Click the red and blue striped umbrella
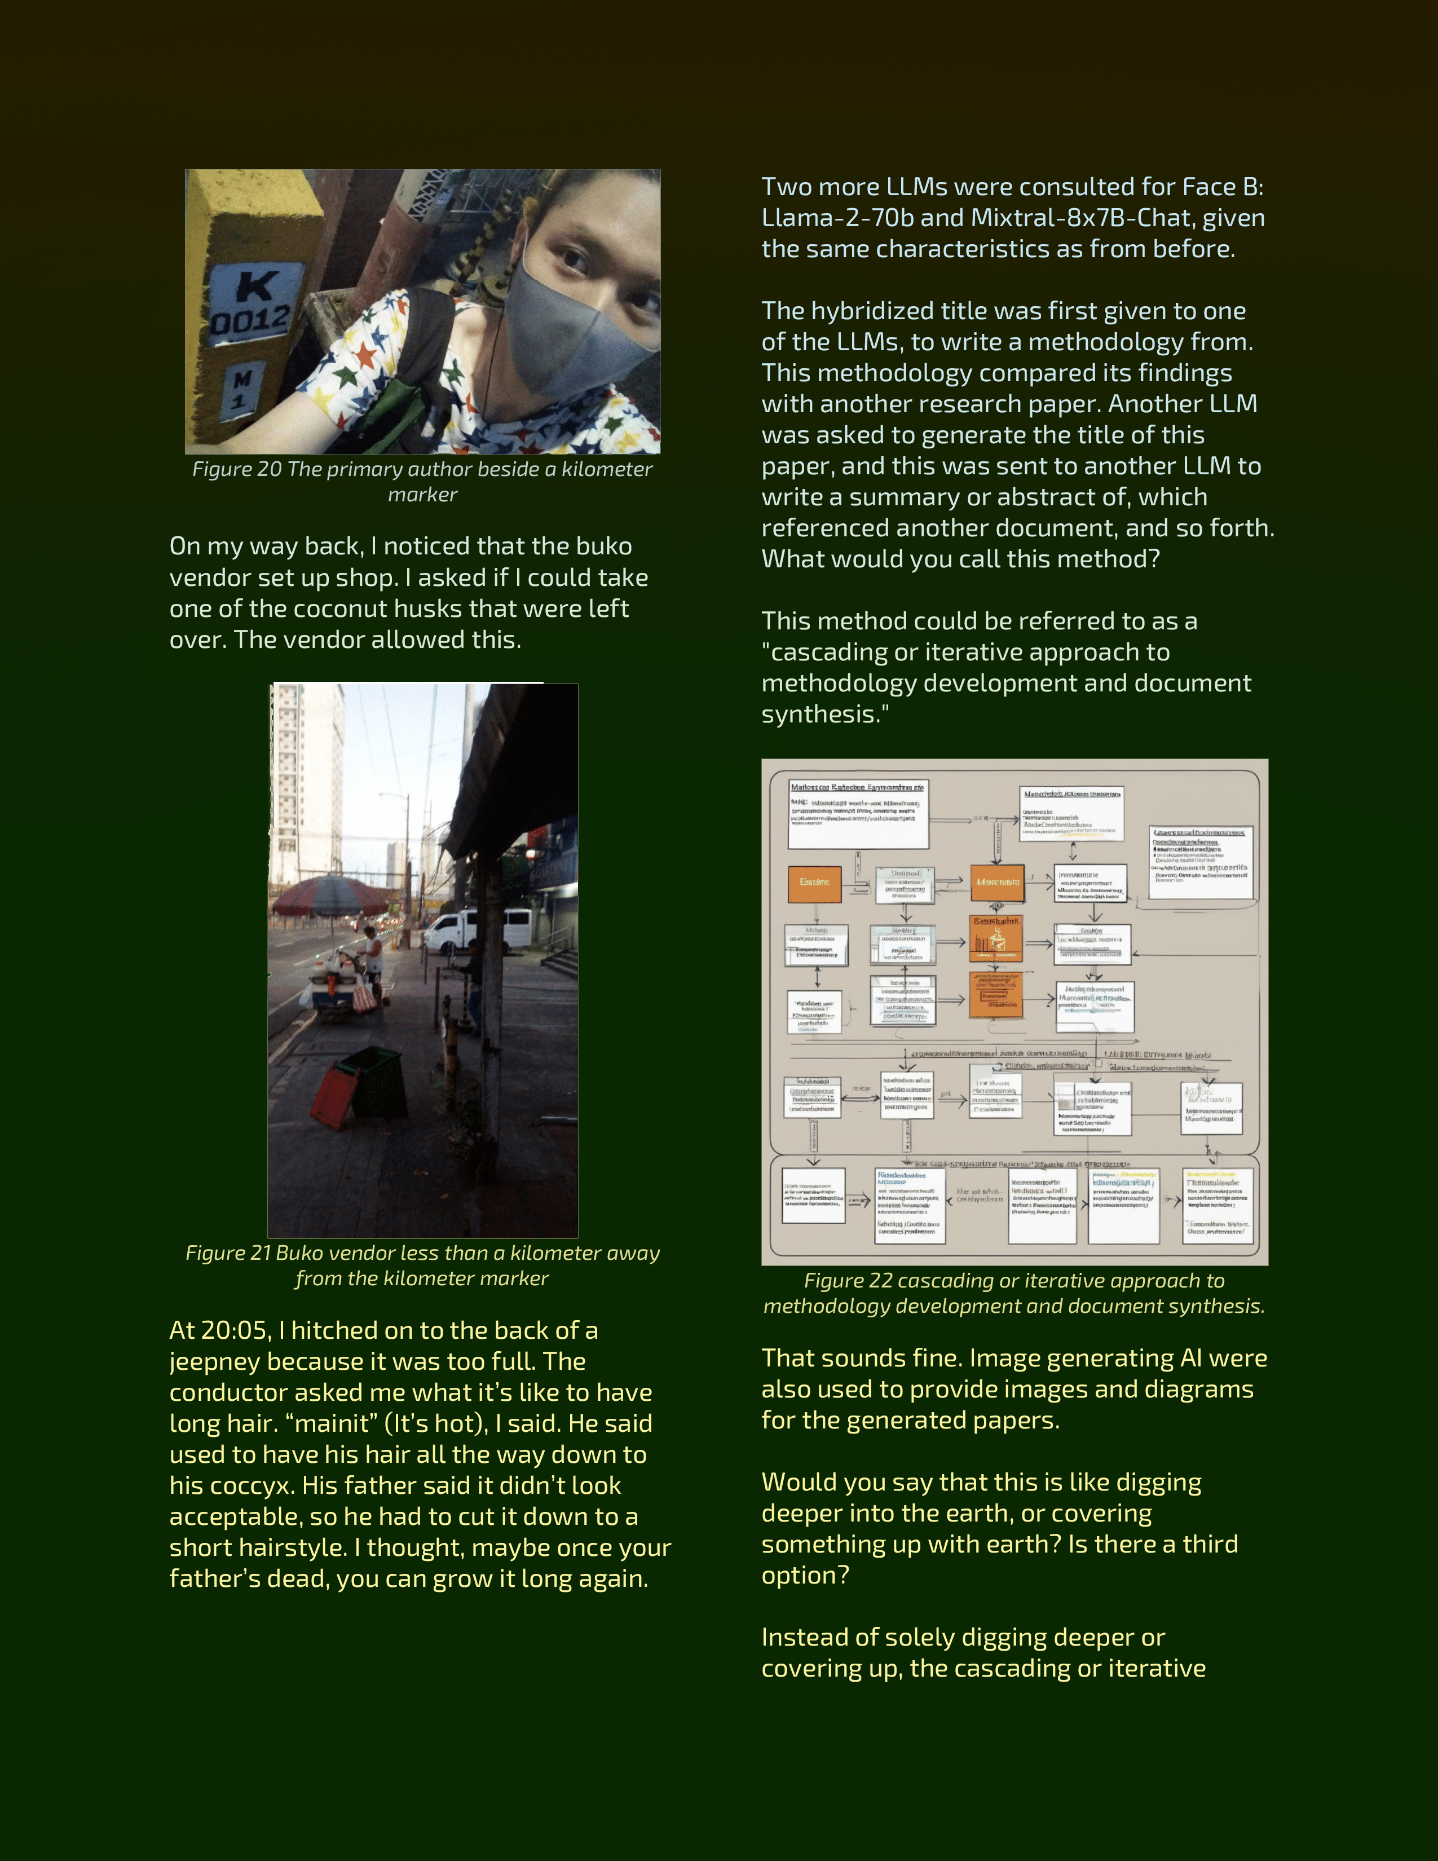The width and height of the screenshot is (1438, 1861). pos(328,897)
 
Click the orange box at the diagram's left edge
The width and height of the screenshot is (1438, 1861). pos(814,883)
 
